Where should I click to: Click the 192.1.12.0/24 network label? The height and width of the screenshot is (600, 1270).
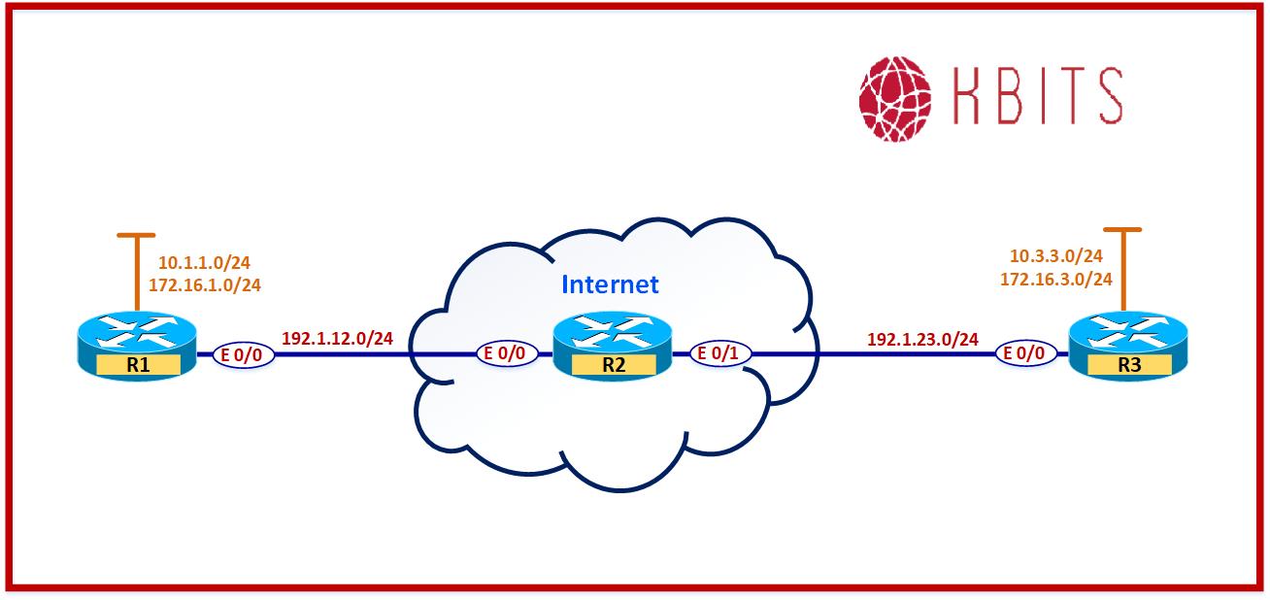coord(337,339)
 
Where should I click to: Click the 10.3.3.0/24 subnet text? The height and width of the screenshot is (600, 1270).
coord(1055,256)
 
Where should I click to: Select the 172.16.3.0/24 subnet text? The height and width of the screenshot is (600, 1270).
coord(1055,278)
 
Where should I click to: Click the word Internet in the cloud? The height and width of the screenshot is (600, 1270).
coord(610,284)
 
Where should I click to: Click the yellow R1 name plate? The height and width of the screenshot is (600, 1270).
coord(136,365)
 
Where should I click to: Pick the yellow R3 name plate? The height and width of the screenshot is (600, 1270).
coord(1126,365)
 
